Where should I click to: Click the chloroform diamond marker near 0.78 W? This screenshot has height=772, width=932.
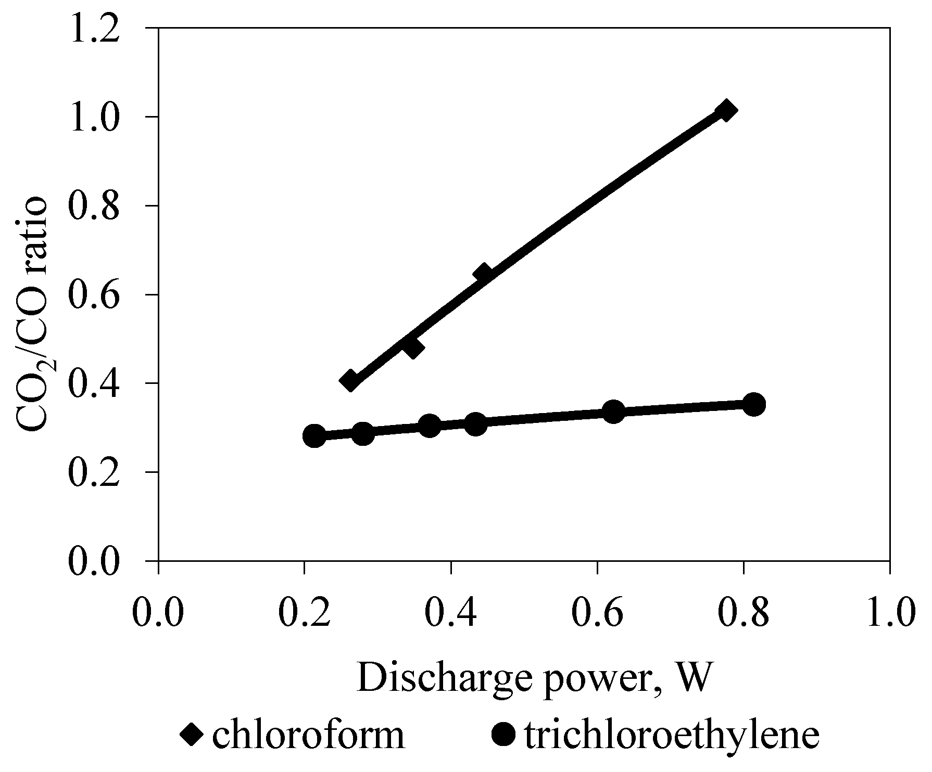click(x=725, y=111)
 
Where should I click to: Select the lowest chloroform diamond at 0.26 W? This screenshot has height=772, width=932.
click(x=350, y=380)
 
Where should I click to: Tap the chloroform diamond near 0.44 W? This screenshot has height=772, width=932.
click(x=483, y=273)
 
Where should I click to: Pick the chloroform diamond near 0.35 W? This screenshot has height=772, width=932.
click(x=412, y=347)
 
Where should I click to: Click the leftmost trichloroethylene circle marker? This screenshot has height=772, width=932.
click(x=314, y=435)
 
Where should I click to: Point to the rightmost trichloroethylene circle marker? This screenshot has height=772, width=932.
click(x=753, y=404)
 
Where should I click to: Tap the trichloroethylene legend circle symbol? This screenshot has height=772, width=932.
click(x=503, y=735)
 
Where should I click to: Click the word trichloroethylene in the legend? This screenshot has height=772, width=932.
click(x=672, y=735)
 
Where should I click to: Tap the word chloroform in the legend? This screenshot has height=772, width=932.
click(x=308, y=735)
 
